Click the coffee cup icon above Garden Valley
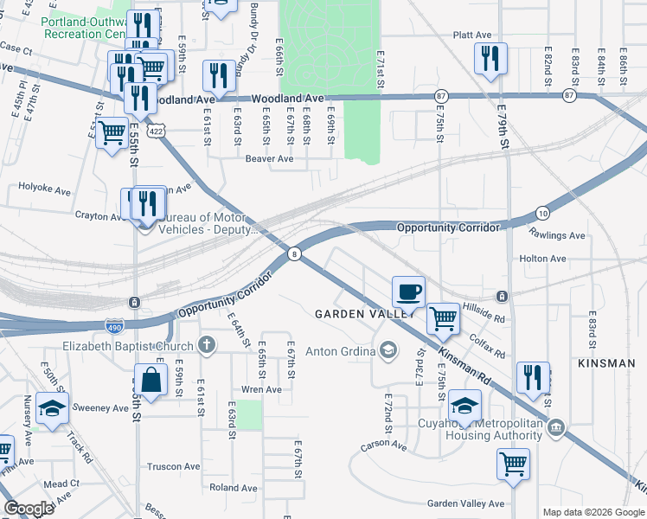(409, 291)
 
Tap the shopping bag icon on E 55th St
(151, 380)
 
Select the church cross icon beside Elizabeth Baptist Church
(205, 346)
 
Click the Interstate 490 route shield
(114, 326)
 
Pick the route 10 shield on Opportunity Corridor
(542, 212)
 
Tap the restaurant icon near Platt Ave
(490, 59)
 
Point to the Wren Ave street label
(261, 389)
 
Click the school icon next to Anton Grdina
(388, 350)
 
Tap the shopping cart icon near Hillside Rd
(444, 317)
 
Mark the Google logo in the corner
(29, 509)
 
